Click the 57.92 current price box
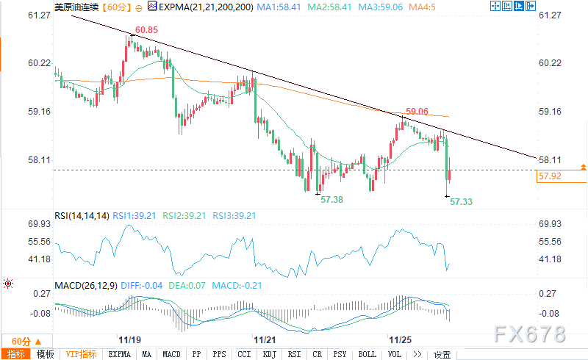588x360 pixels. click(x=551, y=176)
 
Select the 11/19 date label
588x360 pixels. click(x=129, y=340)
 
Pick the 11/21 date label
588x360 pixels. click(x=265, y=340)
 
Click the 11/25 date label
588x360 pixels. click(x=400, y=340)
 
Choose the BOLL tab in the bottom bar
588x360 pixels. click(x=367, y=354)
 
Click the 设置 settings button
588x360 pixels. click(x=442, y=354)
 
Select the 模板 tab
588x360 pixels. click(x=45, y=354)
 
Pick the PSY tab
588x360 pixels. click(x=340, y=354)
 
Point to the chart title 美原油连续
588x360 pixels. click(x=75, y=7)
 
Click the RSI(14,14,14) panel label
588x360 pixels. click(x=82, y=216)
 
